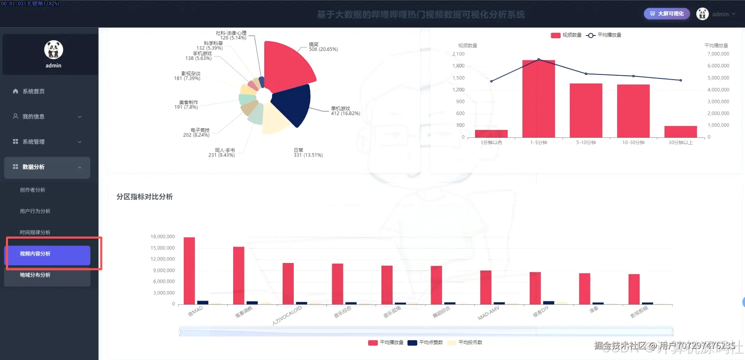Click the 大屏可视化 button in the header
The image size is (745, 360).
point(667,14)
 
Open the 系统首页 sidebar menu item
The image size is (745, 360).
point(34,91)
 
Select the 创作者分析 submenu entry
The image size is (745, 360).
point(33,190)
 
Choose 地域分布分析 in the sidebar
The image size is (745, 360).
point(35,275)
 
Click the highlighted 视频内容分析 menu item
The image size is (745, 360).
point(35,254)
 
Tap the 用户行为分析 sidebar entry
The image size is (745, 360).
point(35,211)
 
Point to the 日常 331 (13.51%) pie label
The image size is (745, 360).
point(308,153)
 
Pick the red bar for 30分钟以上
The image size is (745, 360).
point(681,132)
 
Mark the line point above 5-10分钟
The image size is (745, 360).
point(586,74)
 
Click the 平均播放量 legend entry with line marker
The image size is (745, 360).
point(604,35)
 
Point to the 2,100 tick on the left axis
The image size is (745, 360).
point(458,54)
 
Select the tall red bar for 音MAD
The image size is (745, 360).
point(189,271)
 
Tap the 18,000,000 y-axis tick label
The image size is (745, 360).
point(163,237)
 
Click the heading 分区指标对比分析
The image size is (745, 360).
point(144,197)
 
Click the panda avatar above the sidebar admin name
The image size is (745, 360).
point(54,49)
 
